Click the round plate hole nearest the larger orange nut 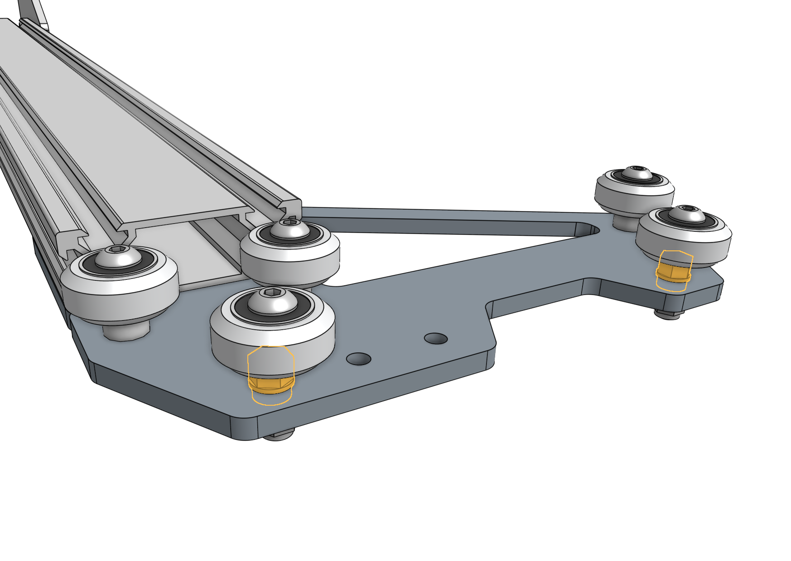pos(358,359)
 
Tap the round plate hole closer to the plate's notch pos(435,338)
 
